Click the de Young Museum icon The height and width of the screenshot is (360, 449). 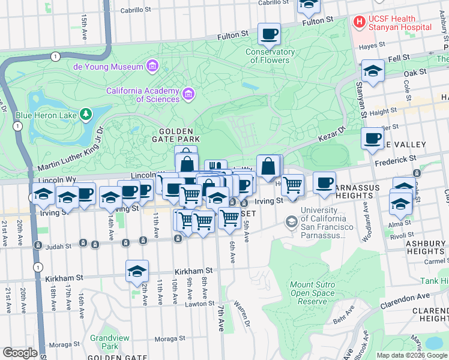(x=152, y=66)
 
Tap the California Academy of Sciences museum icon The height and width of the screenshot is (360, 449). (x=188, y=93)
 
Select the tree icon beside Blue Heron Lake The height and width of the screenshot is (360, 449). (x=86, y=113)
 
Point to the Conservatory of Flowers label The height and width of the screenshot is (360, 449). (x=270, y=56)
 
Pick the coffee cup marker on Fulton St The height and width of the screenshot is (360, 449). (x=270, y=34)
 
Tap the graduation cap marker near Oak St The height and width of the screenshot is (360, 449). (x=373, y=71)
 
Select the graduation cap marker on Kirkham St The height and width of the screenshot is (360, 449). (x=137, y=271)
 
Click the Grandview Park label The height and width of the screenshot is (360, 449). (x=109, y=342)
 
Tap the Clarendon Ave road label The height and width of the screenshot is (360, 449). (x=405, y=298)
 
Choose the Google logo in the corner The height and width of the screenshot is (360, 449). (x=20, y=353)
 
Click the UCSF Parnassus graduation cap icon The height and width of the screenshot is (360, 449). (x=292, y=223)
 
